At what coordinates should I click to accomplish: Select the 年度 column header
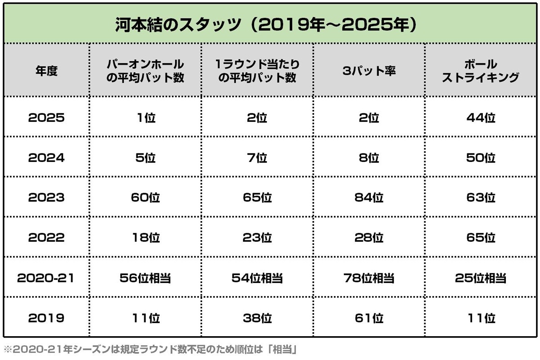(46, 71)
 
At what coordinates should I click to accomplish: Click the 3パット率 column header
(369, 71)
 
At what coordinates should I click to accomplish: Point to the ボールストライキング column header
(480, 71)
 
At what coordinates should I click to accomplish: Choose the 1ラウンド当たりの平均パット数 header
(257, 71)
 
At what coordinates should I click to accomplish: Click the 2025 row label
(46, 118)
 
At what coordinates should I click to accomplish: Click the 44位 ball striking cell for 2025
(480, 118)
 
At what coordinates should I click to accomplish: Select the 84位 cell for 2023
(369, 198)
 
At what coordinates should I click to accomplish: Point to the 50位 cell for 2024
(480, 158)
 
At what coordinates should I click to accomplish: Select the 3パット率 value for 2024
(369, 158)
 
